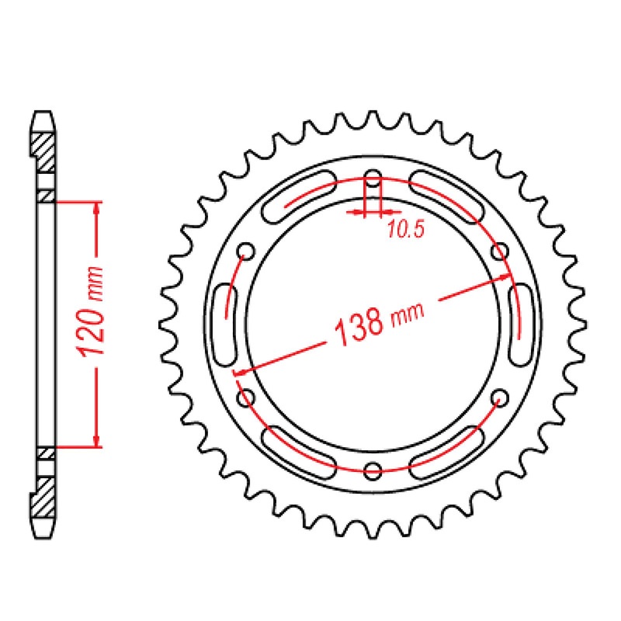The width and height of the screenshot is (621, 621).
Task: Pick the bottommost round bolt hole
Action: click(373, 469)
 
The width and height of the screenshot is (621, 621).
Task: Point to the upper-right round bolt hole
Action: click(501, 250)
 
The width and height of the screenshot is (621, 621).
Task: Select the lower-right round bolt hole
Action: click(501, 397)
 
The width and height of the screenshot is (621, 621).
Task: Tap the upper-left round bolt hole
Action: click(247, 250)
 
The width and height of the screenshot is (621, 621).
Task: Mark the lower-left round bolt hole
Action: click(247, 397)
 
